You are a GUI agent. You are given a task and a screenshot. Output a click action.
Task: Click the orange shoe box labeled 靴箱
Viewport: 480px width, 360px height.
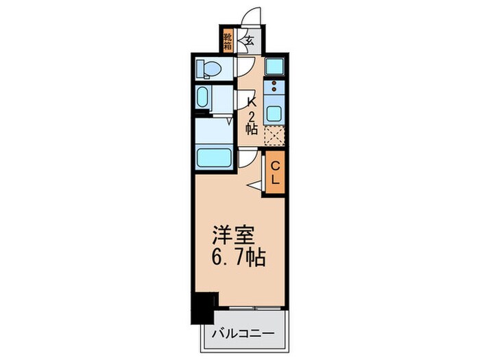pos(228,40)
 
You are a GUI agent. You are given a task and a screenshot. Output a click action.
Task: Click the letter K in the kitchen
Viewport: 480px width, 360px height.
pos(252,100)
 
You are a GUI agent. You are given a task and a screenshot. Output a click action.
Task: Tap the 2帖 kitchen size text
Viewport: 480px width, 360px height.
pos(252,121)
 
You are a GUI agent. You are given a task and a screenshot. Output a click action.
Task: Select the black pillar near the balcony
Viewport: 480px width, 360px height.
pos(204,307)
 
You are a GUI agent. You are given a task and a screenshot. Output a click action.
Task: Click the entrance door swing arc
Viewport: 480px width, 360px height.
pos(253,17)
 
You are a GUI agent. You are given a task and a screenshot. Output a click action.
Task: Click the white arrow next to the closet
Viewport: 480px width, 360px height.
pos(254,184)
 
